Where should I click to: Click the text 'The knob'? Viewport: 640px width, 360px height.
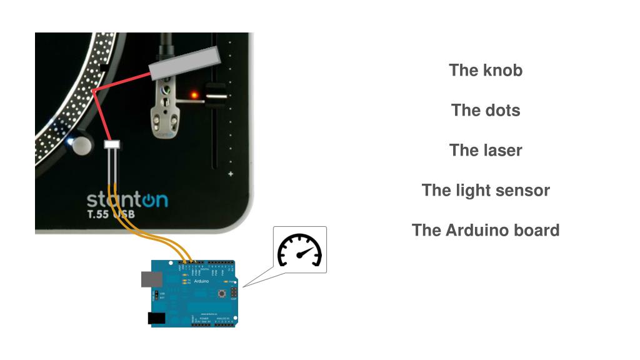tap(485, 70)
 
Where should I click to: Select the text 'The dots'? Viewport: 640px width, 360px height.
tap(485, 111)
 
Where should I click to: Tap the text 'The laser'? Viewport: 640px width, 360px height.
tap(485, 151)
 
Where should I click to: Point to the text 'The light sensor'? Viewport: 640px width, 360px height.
tap(485, 191)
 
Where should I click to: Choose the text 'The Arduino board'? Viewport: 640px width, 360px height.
tap(485, 231)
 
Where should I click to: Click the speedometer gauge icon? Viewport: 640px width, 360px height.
tap(299, 250)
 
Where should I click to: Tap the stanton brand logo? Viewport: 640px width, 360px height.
tap(127, 201)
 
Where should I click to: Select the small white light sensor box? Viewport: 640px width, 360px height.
tap(111, 145)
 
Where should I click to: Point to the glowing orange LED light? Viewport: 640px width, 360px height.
tap(194, 95)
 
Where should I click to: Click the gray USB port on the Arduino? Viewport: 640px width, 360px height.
tap(147, 279)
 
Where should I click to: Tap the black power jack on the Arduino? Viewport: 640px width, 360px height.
tap(156, 318)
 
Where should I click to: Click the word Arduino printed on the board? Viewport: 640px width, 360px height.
tap(201, 282)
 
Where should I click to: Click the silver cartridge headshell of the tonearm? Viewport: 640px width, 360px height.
tap(163, 106)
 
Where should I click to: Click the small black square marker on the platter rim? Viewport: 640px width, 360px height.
tap(105, 67)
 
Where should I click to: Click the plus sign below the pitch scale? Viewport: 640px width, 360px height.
tap(231, 174)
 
